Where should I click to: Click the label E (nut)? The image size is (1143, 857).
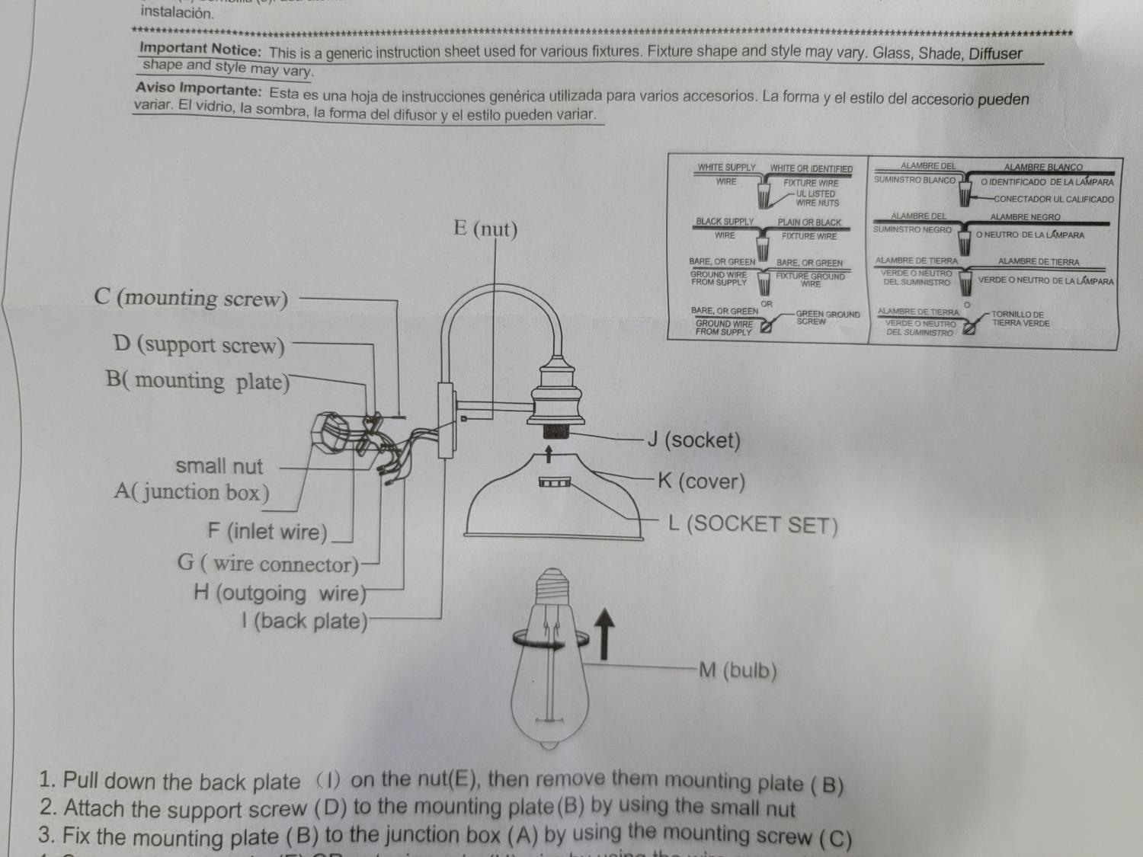pos(485,229)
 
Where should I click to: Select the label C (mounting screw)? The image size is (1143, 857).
pos(191,298)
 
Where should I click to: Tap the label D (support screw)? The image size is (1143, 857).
pos(199,345)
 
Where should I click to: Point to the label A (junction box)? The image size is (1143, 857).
pos(191,492)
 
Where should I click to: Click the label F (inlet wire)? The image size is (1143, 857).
pos(267,531)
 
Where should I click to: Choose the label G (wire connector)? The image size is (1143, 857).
pos(268,564)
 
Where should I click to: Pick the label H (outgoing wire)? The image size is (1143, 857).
pos(280,593)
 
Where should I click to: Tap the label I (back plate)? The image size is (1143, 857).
pos(304,621)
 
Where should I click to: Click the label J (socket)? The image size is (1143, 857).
pos(693,440)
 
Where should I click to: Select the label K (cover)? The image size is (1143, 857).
pos(701,481)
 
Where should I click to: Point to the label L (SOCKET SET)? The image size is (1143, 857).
pos(753,524)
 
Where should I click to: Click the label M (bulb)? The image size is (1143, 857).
pos(738,670)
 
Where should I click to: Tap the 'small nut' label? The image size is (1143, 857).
pos(219,466)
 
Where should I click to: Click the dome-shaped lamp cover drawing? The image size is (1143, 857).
pos(554,499)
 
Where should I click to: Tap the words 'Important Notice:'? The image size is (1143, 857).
pos(200,50)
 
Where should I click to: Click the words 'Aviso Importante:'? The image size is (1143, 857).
pos(199,90)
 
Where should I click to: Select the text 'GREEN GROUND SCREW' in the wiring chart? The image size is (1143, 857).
pos(828,318)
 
